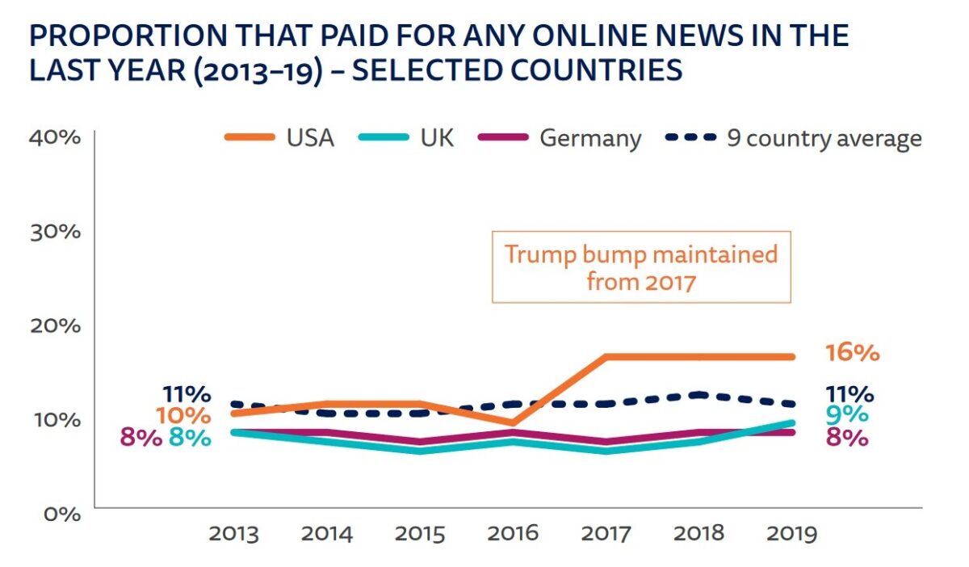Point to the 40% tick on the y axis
pos(55,137)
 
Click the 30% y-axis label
pos(55,231)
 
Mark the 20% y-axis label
pos(55,325)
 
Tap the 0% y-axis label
pos(60,514)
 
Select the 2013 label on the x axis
pos(234,534)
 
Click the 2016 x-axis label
pos(513,534)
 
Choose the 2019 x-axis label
pos(791,534)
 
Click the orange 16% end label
pos(852,353)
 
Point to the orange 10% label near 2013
pos(185,416)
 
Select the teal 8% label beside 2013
pos(190,439)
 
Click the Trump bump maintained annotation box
pos(641,267)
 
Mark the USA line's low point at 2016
pos(513,422)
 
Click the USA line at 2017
pos(606,356)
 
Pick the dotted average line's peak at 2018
pos(699,394)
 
